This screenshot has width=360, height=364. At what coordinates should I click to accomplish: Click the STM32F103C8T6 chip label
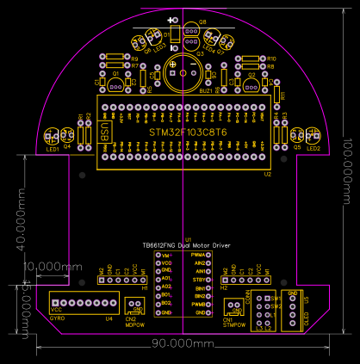[x=188, y=133]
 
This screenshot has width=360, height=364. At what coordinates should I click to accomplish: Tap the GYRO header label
[x=57, y=318]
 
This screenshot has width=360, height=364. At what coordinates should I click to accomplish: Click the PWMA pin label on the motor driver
[x=197, y=256]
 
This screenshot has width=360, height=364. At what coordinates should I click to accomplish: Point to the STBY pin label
[x=198, y=280]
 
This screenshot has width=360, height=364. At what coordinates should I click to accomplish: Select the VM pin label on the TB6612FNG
[x=166, y=256]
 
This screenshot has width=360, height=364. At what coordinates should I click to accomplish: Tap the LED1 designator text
[x=53, y=149]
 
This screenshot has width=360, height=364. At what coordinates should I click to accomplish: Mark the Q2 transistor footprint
[x=251, y=86]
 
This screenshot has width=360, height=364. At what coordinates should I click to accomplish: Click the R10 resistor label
[x=270, y=58]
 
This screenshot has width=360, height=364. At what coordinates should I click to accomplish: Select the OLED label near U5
[x=306, y=316]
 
